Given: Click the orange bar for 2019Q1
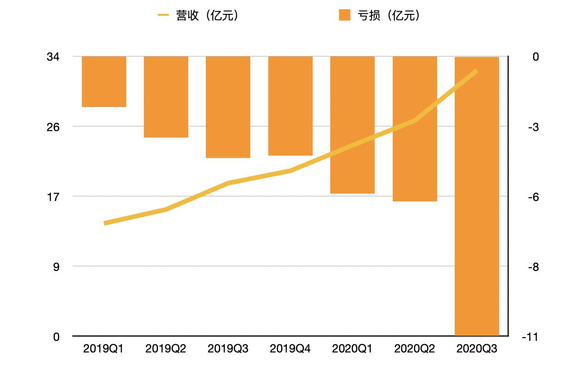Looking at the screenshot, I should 104,82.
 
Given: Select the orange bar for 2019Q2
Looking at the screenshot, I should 166,97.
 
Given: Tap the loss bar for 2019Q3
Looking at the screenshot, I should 228,107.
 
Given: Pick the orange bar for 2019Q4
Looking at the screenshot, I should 290,106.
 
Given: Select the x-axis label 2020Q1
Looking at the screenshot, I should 352,349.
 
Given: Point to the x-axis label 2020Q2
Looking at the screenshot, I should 414,349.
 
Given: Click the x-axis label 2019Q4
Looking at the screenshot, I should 290,349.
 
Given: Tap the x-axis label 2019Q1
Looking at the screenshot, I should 104,349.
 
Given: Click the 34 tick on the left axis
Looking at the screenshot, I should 53,57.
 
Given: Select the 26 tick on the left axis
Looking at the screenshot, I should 53,126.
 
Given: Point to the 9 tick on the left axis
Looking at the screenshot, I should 56,267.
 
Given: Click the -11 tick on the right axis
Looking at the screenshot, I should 529,337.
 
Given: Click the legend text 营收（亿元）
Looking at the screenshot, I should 207,16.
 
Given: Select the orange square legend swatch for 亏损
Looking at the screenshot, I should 345,15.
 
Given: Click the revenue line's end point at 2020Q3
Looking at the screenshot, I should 476,71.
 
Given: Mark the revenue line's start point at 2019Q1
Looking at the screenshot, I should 105,223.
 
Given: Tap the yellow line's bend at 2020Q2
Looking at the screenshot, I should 415,121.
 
